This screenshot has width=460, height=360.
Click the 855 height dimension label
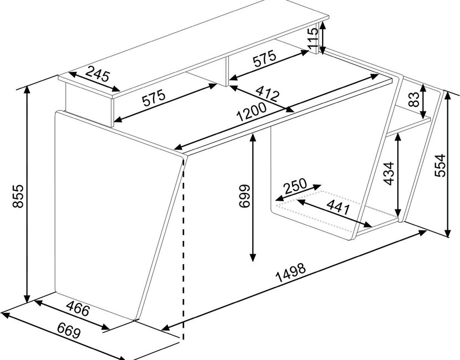tap(18, 196)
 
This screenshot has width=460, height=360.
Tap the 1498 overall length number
tap(291, 272)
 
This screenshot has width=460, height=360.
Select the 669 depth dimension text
tap(69, 331)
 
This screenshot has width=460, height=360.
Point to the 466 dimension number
tap(78, 308)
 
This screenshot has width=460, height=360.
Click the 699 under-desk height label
tap(244, 196)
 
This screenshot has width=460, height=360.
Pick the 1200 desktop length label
tap(252, 112)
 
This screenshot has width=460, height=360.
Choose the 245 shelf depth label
tap(98, 74)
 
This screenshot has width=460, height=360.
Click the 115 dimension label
tap(313, 39)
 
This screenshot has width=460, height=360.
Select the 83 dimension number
tap(414, 99)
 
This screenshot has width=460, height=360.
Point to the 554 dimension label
tap(439, 166)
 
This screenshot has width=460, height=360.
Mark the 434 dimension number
tap(389, 173)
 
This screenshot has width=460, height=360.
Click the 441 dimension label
tap(338, 207)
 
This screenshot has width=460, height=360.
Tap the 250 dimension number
tap(295, 187)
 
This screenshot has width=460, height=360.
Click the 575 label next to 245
tap(154, 98)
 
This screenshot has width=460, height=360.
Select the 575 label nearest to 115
tap(264, 58)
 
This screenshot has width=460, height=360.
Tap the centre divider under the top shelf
tap(227, 71)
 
